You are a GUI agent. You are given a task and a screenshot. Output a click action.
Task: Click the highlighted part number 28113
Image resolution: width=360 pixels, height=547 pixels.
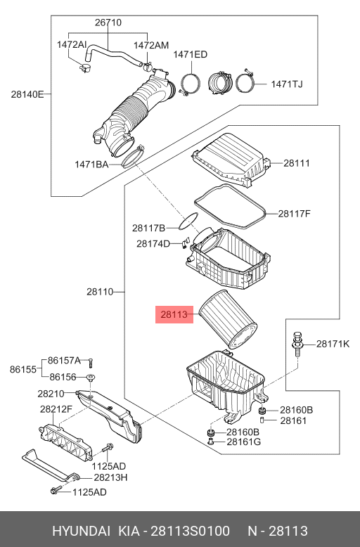[x=174, y=316]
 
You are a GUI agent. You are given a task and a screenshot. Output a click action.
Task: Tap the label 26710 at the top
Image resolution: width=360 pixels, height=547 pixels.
[x=108, y=22]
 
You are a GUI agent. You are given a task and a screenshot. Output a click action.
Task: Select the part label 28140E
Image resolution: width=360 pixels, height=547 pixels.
[x=27, y=94]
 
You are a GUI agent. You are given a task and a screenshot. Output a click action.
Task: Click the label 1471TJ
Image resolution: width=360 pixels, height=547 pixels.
[x=287, y=85]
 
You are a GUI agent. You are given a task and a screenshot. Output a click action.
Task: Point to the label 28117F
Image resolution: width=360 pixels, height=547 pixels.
[x=294, y=213]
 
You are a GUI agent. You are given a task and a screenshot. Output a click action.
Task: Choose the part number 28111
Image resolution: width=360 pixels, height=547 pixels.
[x=297, y=162]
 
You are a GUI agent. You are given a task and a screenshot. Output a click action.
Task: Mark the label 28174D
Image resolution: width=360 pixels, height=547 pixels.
[x=153, y=244]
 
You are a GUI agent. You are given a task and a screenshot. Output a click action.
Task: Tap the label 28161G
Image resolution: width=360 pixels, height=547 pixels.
[x=243, y=442]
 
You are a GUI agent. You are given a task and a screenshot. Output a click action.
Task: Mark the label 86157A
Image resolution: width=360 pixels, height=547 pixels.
[x=65, y=361]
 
